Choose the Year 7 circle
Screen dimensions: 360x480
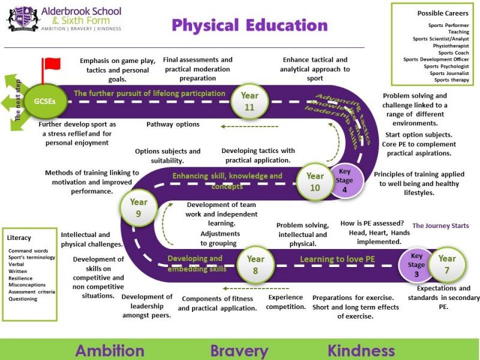coord(447,265)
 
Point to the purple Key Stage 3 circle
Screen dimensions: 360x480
coord(416,265)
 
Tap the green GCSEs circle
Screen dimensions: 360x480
coord(45,101)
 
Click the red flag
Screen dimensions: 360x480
coord(52,64)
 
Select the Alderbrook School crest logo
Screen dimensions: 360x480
coord(23,19)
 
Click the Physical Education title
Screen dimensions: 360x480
coord(250,25)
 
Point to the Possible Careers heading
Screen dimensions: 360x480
coord(443,13)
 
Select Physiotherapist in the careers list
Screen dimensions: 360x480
coord(451,46)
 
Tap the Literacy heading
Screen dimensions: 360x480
coord(19,238)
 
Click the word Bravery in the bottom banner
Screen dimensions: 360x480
coord(239,350)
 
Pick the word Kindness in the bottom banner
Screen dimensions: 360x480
coord(361,350)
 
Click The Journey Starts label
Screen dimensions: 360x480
coord(440,226)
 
